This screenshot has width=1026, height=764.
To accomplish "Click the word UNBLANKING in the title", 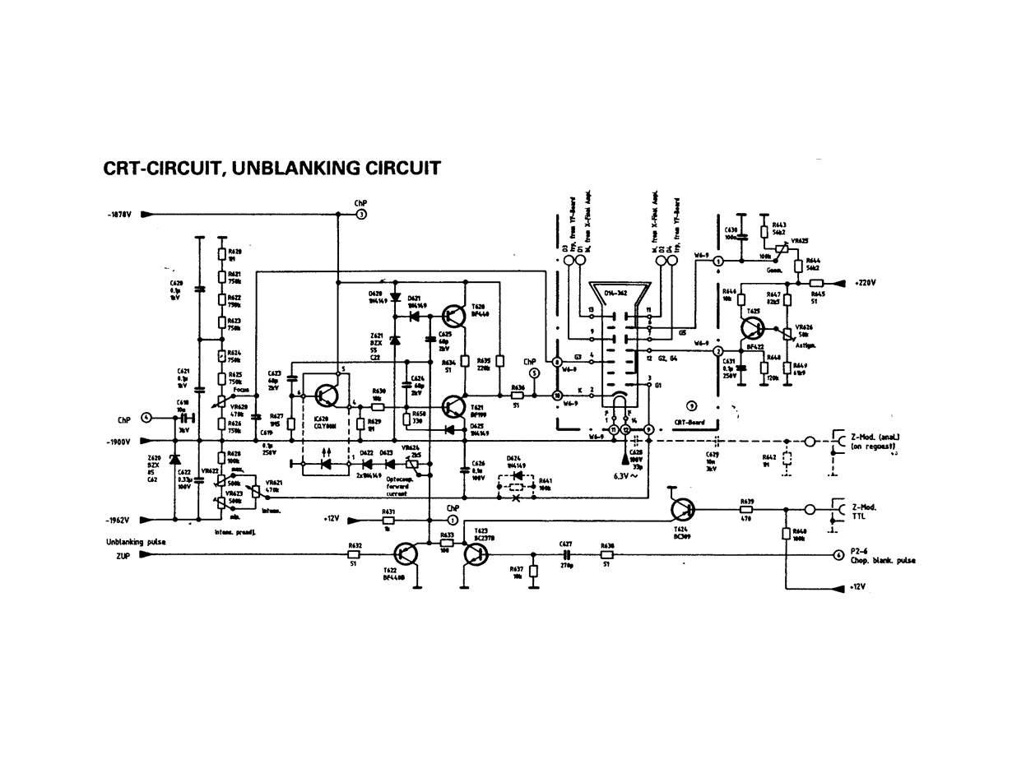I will tap(296, 169).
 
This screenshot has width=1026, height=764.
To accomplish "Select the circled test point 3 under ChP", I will tap(361, 215).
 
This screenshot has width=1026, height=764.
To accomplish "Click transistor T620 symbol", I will tap(454, 315).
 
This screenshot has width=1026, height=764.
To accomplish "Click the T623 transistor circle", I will tap(476, 554).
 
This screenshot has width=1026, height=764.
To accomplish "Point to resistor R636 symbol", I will tap(518, 396).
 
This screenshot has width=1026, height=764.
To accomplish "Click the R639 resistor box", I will tap(747, 510).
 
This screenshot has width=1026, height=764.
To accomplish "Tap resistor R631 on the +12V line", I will tap(388, 520).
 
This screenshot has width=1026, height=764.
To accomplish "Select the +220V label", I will tap(865, 282).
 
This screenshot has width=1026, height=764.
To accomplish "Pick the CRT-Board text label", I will tap(690, 422).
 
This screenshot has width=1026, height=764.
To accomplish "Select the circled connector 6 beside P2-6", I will tap(838, 555).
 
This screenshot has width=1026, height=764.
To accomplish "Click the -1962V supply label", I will tap(120, 521).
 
